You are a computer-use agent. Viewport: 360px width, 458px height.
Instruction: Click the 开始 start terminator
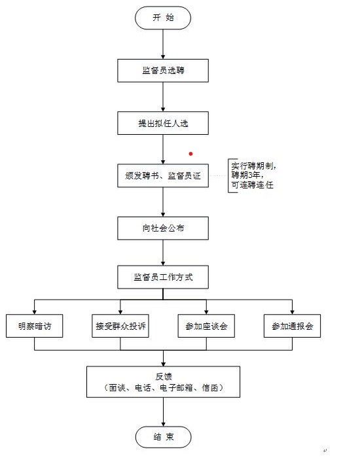tap(163, 18)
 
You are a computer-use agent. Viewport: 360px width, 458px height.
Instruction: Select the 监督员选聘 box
tap(163, 71)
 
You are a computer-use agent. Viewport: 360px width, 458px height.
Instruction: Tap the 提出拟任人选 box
tap(163, 123)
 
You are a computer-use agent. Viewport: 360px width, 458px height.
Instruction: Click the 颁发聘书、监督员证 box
tap(163, 175)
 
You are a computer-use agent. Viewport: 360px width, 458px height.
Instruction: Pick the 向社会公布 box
tap(163, 228)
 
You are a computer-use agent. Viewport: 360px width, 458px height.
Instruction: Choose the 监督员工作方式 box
tap(163, 277)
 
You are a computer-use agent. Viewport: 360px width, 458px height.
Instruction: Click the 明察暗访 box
tap(35, 326)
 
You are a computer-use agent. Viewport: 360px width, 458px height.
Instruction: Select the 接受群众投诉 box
tap(120, 326)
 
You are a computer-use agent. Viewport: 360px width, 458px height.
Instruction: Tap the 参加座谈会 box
tap(206, 326)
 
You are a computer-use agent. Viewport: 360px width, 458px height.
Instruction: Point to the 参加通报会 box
tap(292, 326)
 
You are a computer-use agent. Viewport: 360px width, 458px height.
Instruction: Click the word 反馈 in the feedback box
tap(164, 377)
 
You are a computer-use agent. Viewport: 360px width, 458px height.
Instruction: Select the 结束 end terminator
tap(163, 437)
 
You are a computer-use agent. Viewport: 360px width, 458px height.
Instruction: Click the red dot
tap(191, 154)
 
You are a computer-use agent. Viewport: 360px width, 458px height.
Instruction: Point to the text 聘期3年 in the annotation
tap(247, 175)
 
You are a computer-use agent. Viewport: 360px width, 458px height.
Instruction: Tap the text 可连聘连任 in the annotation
tap(253, 185)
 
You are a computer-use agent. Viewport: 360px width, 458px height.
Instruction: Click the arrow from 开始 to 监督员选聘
tap(163, 44)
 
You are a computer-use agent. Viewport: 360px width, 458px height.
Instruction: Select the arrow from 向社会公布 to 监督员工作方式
tap(163, 253)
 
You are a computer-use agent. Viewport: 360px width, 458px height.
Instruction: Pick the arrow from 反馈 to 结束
tap(164, 412)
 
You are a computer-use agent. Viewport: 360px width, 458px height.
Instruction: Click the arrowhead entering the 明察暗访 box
tap(35, 312)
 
